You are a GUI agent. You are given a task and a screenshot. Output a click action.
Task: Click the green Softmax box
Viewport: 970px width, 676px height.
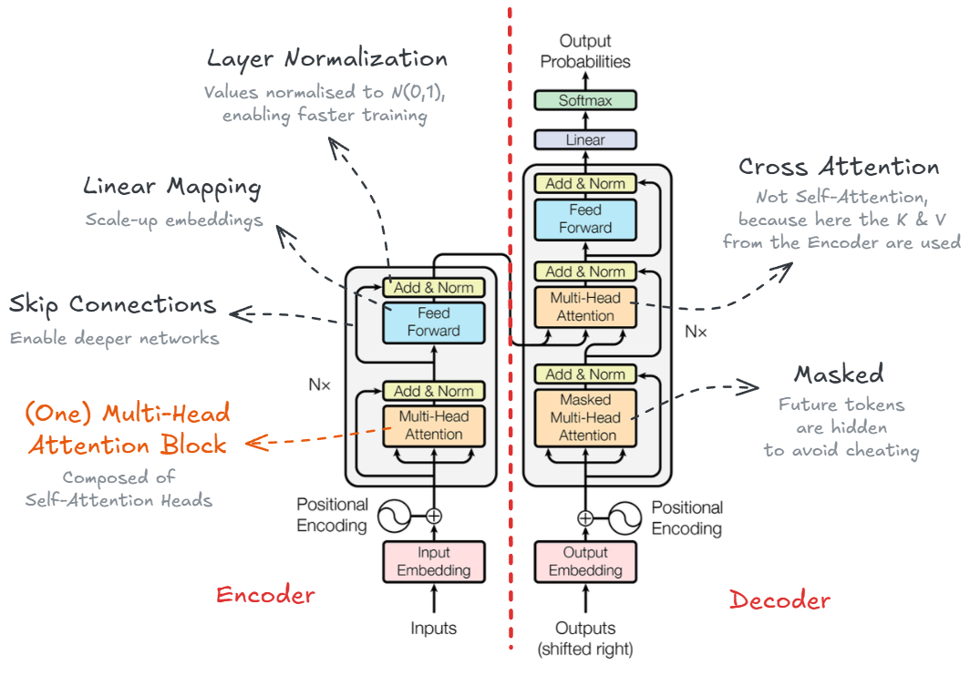(585, 101)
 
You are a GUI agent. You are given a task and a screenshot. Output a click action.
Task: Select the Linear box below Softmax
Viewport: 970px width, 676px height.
(585, 140)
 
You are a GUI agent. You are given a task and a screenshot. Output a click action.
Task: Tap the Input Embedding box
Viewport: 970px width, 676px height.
(434, 562)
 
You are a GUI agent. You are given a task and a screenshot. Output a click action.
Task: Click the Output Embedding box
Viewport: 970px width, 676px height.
(585, 562)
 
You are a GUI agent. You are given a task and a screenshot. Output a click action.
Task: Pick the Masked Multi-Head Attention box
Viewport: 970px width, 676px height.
(585, 418)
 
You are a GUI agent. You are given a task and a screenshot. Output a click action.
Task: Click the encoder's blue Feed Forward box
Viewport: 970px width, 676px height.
(434, 322)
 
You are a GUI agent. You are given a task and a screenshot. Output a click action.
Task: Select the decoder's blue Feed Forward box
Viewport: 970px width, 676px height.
(585, 219)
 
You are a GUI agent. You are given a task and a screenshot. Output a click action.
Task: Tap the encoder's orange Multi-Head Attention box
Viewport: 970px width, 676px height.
(434, 425)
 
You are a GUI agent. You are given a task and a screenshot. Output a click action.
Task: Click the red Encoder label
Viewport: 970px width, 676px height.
(265, 596)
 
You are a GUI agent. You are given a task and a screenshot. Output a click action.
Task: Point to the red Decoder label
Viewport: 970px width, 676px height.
(780, 600)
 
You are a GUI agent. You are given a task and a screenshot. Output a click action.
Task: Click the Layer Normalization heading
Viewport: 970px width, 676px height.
(327, 59)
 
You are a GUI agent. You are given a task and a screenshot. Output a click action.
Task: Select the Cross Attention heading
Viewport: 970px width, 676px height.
(839, 167)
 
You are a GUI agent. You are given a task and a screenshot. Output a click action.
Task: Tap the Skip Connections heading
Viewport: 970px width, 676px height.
(112, 304)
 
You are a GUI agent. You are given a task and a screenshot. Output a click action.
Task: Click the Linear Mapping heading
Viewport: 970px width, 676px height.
(172, 188)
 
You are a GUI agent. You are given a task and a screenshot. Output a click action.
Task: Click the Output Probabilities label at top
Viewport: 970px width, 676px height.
(585, 51)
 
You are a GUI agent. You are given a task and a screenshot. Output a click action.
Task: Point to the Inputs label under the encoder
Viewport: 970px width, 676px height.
(434, 628)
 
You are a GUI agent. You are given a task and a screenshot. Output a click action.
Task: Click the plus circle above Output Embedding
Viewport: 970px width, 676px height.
(585, 518)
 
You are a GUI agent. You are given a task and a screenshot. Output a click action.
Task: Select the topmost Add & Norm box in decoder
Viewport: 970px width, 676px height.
(585, 183)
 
